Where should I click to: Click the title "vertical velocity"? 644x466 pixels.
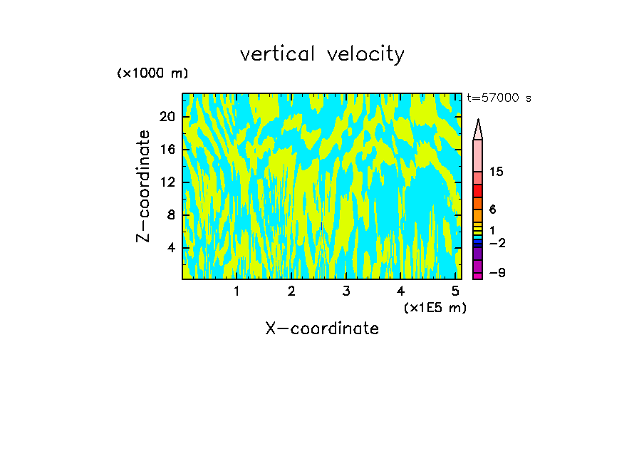coord(322,54)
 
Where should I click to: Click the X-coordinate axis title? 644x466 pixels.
coord(322,328)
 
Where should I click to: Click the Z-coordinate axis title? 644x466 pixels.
coord(144,186)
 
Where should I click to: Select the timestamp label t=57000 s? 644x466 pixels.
coord(499,98)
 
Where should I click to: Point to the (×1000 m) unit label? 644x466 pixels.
coord(152,73)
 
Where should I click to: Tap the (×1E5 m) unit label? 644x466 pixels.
coord(435,308)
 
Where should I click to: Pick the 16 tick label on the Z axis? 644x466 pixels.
coord(167,150)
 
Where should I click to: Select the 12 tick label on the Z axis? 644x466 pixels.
coord(167,182)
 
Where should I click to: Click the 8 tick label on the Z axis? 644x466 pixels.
coord(170,215)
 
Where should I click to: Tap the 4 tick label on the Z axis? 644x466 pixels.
coord(170,248)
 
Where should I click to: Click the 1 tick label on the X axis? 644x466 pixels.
coord(237,291)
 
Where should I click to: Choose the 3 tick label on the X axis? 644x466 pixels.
coord(346,291)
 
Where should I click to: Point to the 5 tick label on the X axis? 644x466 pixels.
coord(455,291)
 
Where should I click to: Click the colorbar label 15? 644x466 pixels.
coord(497,172)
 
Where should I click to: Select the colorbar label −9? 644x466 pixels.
coord(497,273)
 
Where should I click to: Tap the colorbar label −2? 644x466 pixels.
coord(497,243)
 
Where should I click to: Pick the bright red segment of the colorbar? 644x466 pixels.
coord(477,191)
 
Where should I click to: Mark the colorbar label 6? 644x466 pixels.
coord(492,209)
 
